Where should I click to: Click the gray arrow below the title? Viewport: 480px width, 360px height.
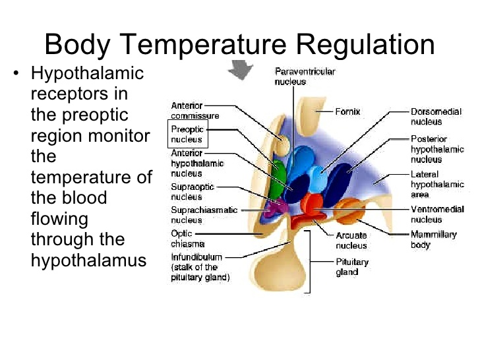[x=241, y=69]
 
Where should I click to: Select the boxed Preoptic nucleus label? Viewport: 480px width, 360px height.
[x=188, y=134]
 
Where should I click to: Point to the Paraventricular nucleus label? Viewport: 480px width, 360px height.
[x=305, y=76]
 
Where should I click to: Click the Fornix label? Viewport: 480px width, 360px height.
[x=347, y=111]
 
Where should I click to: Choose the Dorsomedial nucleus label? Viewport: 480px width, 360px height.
[x=436, y=117]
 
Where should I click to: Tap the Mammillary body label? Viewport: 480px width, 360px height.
[x=433, y=240]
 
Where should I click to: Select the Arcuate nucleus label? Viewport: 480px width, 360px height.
[x=351, y=240]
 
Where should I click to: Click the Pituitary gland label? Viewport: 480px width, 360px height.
[x=352, y=267]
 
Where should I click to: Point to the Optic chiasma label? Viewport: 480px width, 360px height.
[x=187, y=239]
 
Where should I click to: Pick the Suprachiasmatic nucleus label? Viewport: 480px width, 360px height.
[x=204, y=215]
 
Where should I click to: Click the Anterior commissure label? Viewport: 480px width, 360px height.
[x=195, y=111]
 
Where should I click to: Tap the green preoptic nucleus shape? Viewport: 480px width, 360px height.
[x=278, y=179]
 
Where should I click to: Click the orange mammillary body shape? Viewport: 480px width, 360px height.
[x=349, y=210]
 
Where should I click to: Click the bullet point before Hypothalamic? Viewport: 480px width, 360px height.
[x=16, y=73]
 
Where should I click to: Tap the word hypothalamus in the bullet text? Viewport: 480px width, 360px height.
[x=88, y=261]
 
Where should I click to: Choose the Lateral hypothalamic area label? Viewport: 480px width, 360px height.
[x=437, y=185]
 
